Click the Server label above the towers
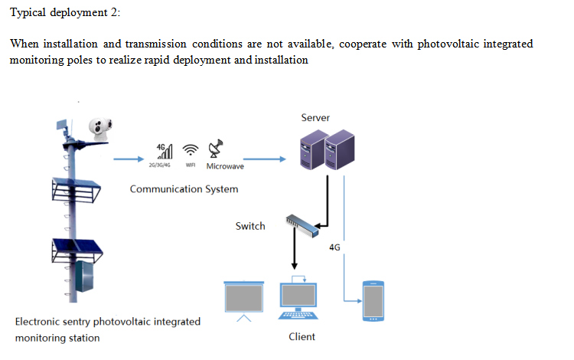point(315,118)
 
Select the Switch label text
point(250,226)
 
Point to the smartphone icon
point(373,301)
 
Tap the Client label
point(302,337)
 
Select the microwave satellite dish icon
point(217,149)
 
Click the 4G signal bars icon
point(164,150)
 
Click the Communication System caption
point(184,188)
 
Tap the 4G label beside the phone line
point(334,247)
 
